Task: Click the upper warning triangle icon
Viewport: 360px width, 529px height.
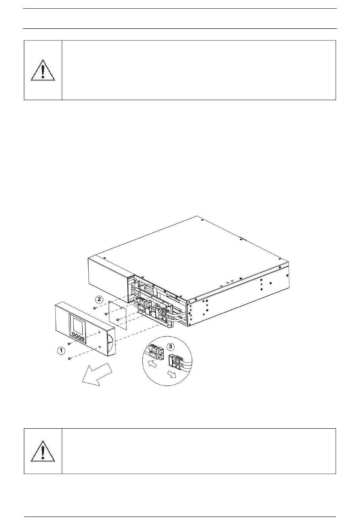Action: click(x=43, y=70)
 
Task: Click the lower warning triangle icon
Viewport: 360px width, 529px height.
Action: click(x=43, y=451)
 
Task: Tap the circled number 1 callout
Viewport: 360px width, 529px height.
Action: click(x=61, y=351)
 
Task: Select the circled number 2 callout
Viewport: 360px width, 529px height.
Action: click(x=99, y=300)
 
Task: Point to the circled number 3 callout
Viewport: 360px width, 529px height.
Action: click(x=171, y=346)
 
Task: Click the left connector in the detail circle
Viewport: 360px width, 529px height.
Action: click(x=156, y=352)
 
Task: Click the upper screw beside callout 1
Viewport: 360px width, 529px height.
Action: click(x=69, y=343)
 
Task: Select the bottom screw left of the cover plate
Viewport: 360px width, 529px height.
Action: click(x=118, y=320)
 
